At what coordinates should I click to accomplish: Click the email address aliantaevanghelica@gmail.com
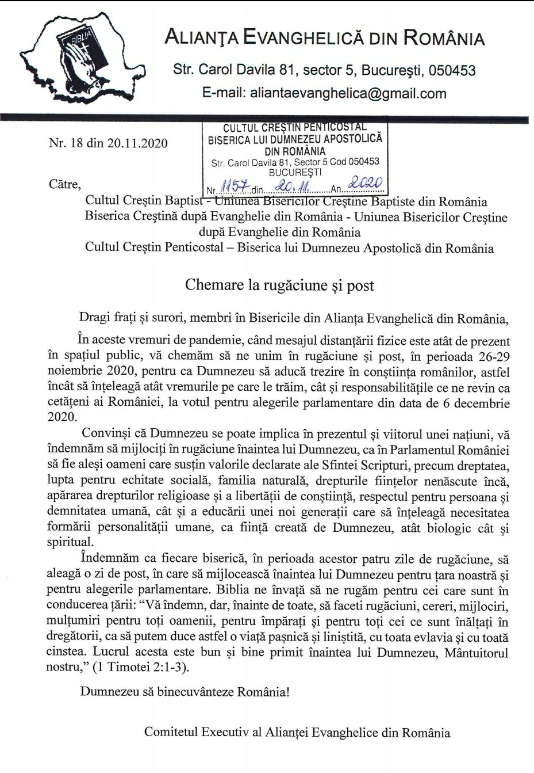348,93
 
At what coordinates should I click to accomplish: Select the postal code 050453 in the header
452,71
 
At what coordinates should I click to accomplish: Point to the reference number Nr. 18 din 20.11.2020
109,143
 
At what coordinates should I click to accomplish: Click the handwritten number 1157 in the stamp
234,188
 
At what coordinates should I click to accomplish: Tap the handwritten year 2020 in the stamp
366,184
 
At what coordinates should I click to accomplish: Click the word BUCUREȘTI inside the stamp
295,172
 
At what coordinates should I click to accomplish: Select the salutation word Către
65,184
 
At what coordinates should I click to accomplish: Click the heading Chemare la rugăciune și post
279,285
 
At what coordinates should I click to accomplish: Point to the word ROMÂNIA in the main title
444,39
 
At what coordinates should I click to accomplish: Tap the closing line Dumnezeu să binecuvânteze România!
185,691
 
